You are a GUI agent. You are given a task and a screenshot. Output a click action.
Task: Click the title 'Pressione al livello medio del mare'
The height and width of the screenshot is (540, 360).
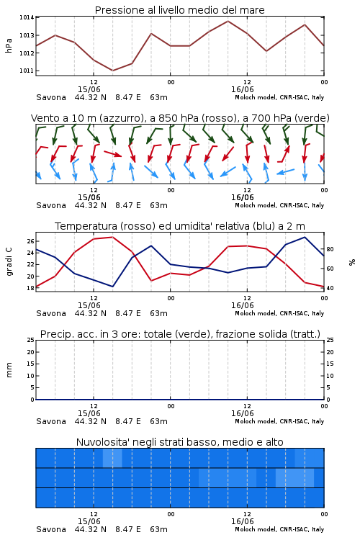179,10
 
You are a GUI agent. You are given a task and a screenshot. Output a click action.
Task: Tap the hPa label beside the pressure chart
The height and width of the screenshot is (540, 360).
9,45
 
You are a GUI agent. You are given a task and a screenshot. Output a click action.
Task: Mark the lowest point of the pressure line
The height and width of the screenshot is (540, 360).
112,71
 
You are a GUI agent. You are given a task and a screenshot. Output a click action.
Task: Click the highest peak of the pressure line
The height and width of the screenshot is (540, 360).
228,21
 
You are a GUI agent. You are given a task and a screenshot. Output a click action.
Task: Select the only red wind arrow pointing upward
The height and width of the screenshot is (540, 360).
284,153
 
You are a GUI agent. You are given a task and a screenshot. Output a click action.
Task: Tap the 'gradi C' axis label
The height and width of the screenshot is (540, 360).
9,261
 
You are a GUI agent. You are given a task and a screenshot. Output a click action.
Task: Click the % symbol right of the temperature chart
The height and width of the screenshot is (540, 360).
352,262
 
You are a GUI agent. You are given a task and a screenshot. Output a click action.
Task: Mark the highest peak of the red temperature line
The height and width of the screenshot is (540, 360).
112,237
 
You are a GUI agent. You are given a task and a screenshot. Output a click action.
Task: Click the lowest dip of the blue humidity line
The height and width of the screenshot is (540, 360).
112,287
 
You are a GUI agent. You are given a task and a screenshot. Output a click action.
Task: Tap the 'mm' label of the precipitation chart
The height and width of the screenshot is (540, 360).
9,369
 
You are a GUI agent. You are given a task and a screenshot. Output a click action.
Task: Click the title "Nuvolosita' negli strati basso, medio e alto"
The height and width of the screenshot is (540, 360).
179,442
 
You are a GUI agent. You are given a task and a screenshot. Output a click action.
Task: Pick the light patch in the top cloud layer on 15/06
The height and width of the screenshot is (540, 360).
112,458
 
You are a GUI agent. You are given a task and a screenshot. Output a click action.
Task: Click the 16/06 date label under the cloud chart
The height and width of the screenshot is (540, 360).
242,521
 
